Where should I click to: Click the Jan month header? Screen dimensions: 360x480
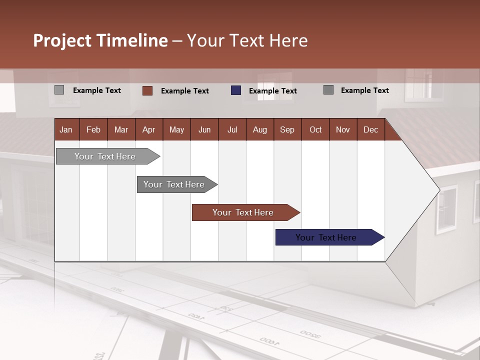coord(66,129)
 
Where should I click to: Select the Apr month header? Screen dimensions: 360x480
coord(148,129)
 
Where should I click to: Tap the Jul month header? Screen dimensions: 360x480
coord(232,129)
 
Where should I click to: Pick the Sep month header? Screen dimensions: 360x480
coord(287,129)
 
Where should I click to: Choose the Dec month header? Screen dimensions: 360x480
coord(370,129)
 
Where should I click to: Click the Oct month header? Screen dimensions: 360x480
coord(315,129)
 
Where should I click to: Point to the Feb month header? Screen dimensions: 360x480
coord(93,129)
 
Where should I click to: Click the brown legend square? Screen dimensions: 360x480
coord(147,90)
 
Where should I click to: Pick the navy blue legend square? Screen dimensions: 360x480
coord(236,90)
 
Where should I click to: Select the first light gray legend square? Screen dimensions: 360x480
coord(59,90)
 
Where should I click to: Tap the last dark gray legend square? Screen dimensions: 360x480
coord(328,90)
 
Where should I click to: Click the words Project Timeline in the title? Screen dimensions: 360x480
coord(100,40)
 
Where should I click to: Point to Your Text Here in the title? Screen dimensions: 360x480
coord(247,40)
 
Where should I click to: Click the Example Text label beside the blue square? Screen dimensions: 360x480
coord(272,91)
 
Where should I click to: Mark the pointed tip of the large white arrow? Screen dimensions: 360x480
coord(439,190)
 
